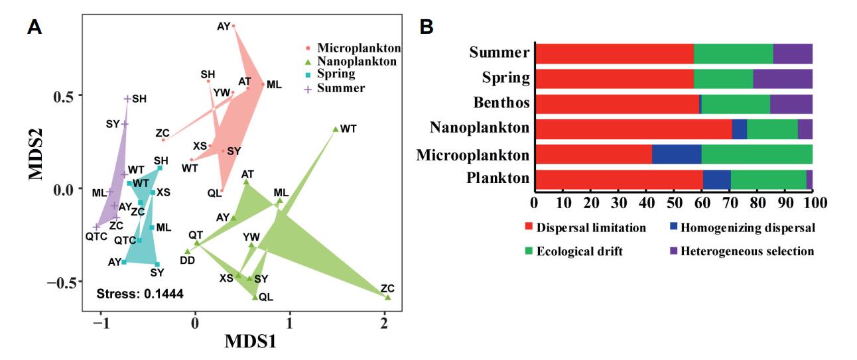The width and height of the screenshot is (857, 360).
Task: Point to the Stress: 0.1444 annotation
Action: pos(140,293)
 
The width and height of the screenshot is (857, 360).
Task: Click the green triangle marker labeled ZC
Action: pos(388,297)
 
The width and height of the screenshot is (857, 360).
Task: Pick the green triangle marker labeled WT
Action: pos(336,129)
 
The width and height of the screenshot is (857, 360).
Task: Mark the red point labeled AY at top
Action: pos(233,26)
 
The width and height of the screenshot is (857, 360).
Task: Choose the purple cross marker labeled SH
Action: pos(127,99)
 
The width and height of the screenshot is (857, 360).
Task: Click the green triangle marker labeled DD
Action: pos(188,251)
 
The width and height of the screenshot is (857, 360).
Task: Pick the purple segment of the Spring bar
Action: pos(783,78)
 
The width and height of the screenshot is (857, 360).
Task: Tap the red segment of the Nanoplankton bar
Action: pos(633,129)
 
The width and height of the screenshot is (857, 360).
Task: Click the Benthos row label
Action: pos(499,104)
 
